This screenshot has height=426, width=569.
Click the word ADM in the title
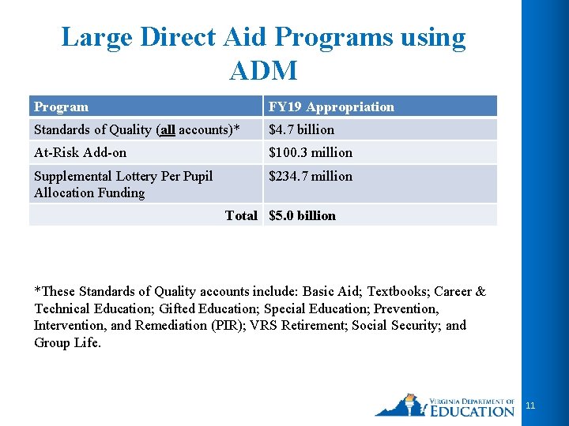(x=263, y=71)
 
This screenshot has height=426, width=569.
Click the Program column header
(x=62, y=106)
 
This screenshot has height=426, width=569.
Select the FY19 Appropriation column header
(x=331, y=106)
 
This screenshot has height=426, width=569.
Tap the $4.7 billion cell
(x=302, y=129)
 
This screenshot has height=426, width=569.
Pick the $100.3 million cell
(x=311, y=152)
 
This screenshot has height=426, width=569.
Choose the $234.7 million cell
(x=311, y=176)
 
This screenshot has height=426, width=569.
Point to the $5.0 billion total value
(x=302, y=215)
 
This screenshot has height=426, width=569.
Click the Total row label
(x=241, y=215)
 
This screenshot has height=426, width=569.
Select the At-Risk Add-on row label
(x=80, y=152)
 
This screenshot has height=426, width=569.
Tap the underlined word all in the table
(x=166, y=129)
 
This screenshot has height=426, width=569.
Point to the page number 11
(x=530, y=405)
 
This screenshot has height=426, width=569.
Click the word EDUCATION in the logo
(x=473, y=410)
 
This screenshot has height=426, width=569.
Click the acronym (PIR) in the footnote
(x=225, y=325)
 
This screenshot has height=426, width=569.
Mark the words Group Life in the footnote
(x=66, y=342)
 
